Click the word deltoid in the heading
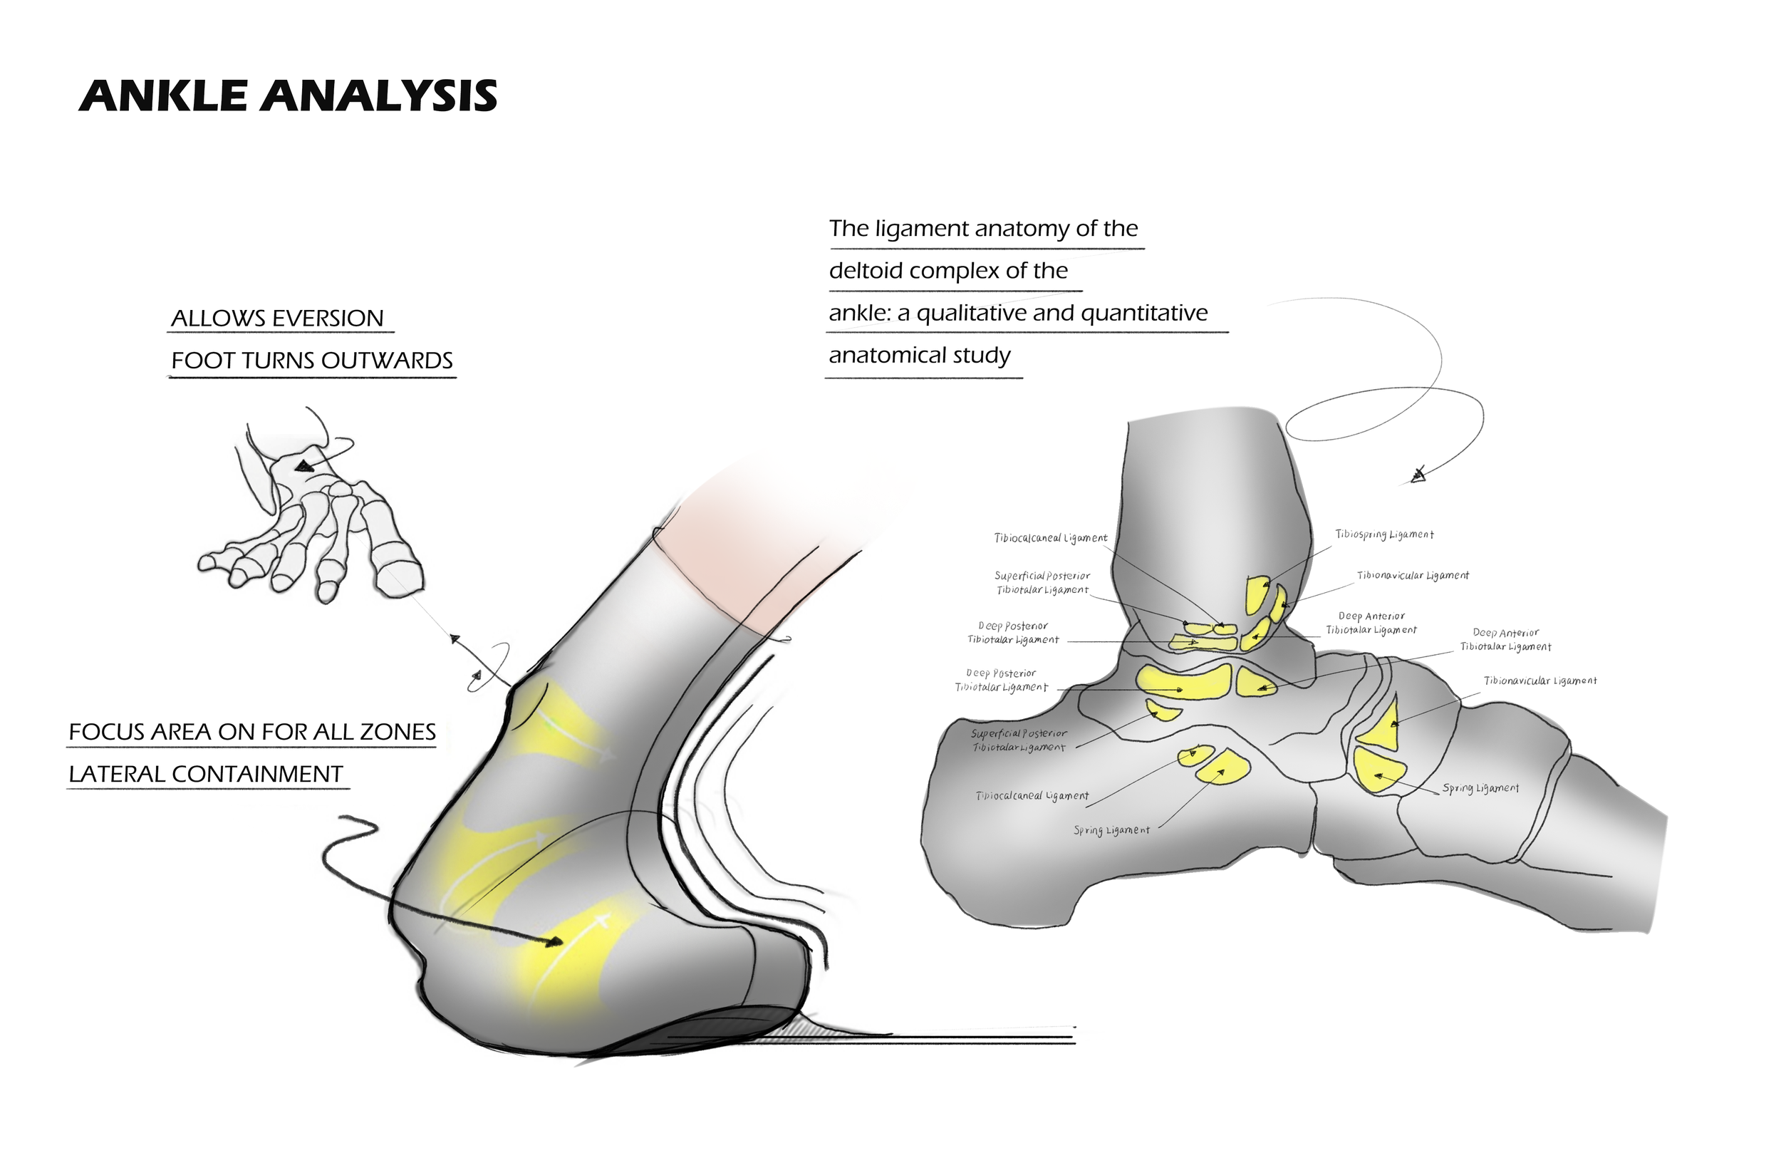pyautogui.click(x=866, y=270)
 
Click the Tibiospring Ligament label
pyautogui.click(x=1384, y=534)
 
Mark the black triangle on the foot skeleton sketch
pyautogui.click(x=303, y=467)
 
